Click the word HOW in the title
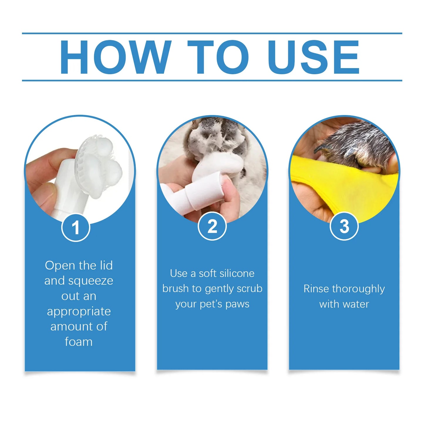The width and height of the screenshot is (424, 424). coord(115,57)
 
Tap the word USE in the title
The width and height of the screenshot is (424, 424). coord(313,57)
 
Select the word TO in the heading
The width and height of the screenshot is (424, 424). coord(218,57)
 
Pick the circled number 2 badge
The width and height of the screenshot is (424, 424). coord(212,226)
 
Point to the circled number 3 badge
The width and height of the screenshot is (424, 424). coord(344,226)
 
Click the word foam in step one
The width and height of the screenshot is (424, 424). coord(79,342)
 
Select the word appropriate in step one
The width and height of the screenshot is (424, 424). coord(79,311)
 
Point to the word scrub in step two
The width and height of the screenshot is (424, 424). coord(249,289)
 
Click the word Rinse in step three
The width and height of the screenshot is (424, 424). coord(316,289)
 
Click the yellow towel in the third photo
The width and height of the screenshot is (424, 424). coord(346,188)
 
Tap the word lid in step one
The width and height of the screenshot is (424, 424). coord(106,266)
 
